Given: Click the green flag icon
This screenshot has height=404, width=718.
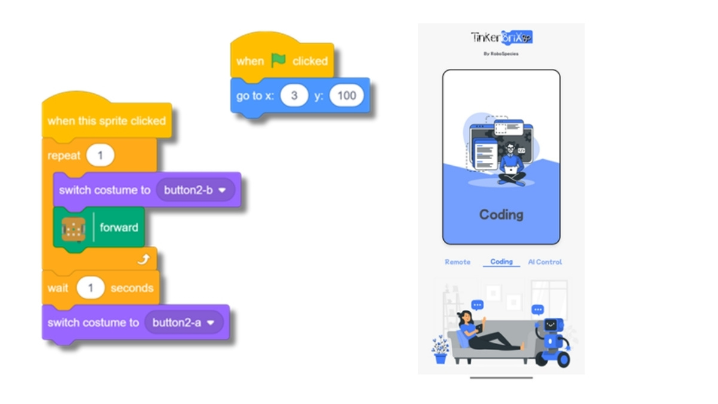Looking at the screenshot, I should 278,60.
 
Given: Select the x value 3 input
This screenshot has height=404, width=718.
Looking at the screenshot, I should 294,95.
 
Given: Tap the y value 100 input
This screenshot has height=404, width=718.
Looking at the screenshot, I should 346,95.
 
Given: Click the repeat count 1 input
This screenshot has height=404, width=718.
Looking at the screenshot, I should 100,156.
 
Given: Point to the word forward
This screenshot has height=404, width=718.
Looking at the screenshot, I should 118,227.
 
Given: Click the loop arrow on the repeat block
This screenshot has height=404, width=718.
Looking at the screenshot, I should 142,259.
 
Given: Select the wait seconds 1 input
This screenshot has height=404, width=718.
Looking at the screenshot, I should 91,288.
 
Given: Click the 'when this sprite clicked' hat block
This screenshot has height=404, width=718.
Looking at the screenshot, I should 106,120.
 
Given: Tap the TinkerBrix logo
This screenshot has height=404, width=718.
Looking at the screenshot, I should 501,38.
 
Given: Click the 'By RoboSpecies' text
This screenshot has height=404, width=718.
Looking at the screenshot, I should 501,54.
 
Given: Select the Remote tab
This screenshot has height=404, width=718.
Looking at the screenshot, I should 457,262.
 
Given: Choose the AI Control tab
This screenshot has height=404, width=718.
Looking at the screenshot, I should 544,262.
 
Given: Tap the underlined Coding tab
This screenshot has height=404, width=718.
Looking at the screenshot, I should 501,262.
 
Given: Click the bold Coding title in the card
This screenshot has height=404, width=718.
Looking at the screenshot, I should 501,214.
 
